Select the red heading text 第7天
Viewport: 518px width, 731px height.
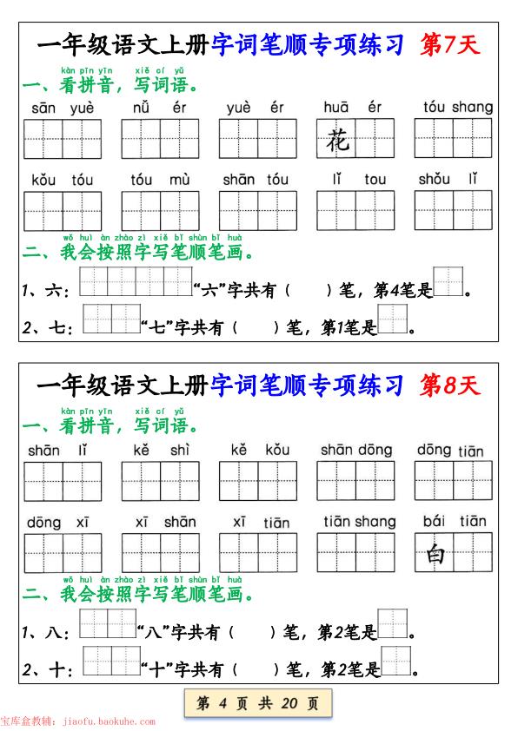pyautogui.click(x=449, y=44)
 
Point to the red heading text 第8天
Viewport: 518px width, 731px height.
pyautogui.click(x=449, y=384)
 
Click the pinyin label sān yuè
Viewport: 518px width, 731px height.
pyautogui.click(x=63, y=108)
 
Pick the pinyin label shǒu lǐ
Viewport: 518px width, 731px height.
pyautogui.click(x=448, y=180)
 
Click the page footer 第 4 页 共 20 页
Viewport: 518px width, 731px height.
pyautogui.click(x=258, y=702)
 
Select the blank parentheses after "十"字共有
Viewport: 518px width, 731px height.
pyautogui.click(x=255, y=669)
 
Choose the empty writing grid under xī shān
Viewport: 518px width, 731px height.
pyautogui.click(x=160, y=552)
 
